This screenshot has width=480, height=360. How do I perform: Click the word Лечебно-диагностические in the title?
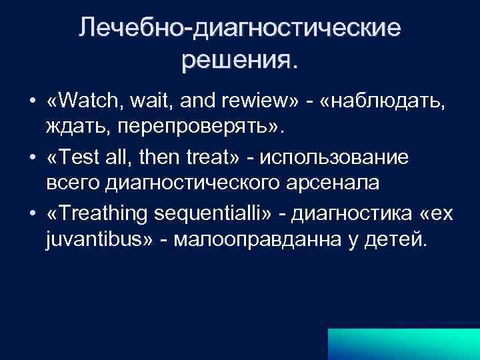click(240, 29)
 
